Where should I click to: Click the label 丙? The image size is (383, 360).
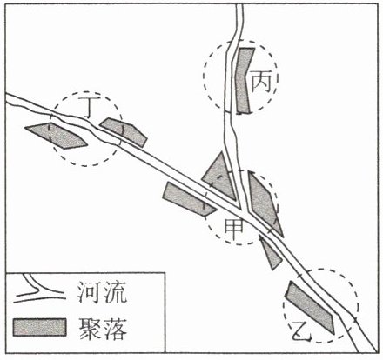coord(261,82)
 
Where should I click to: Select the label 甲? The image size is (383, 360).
coord(234,228)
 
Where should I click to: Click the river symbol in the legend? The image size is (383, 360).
coord(39,290)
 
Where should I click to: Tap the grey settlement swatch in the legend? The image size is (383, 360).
coord(40,327)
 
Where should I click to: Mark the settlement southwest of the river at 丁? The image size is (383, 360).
coord(57,136)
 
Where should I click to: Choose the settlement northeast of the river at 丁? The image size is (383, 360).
coord(124,132)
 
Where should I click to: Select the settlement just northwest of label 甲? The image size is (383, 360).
coord(189,199)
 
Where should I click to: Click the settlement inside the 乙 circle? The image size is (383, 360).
coord(310,307)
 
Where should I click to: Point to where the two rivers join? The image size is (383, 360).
coord(244,211)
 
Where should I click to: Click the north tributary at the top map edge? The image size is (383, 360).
coord(239,5)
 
